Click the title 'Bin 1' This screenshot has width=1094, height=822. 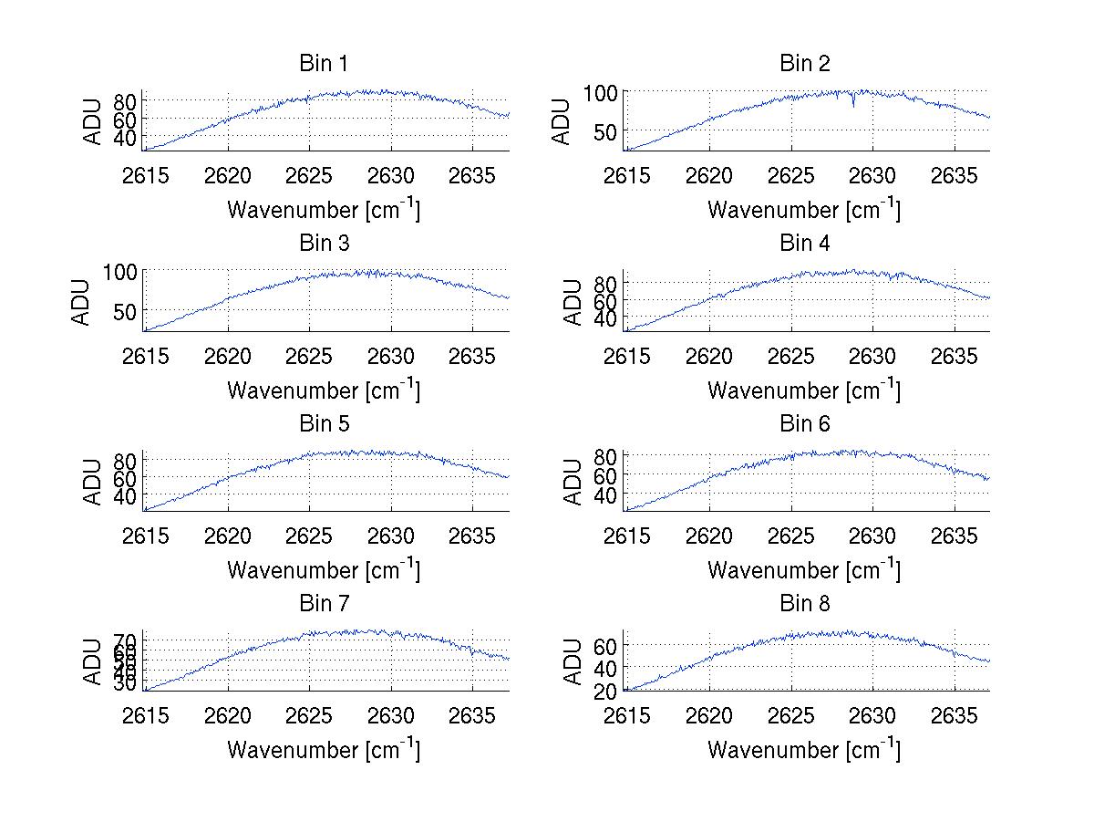click(323, 64)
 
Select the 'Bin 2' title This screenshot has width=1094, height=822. click(804, 64)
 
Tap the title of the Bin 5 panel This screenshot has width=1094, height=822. click(323, 424)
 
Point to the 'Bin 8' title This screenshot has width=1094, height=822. click(804, 604)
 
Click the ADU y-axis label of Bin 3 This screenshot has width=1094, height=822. click(81, 302)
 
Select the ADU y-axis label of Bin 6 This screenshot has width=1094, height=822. click(573, 482)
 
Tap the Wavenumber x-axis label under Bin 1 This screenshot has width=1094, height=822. click(323, 210)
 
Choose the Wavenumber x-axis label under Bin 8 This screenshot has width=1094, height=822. click(804, 750)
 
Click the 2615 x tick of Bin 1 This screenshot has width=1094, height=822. click(146, 176)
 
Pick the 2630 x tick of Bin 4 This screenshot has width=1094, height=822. click(872, 356)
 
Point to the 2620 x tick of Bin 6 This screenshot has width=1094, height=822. click(708, 536)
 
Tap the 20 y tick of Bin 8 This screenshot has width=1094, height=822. click(606, 691)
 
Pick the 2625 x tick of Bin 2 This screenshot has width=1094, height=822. click(790, 176)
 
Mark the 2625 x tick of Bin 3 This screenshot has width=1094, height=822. click(309, 356)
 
